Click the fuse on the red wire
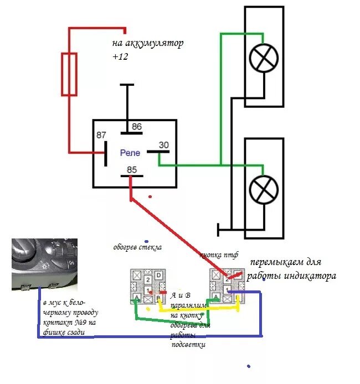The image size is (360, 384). (x=69, y=74)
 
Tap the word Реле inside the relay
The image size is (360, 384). (x=131, y=152)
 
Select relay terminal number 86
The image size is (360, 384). (x=136, y=127)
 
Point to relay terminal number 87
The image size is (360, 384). (x=101, y=136)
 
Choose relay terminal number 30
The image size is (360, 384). (x=164, y=145)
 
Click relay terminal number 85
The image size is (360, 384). (x=131, y=170)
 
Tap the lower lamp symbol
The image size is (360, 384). (x=264, y=190)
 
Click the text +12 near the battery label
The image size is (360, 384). (x=120, y=56)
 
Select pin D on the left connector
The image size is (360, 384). (x=158, y=275)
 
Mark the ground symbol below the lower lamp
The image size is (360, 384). (x=220, y=228)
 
